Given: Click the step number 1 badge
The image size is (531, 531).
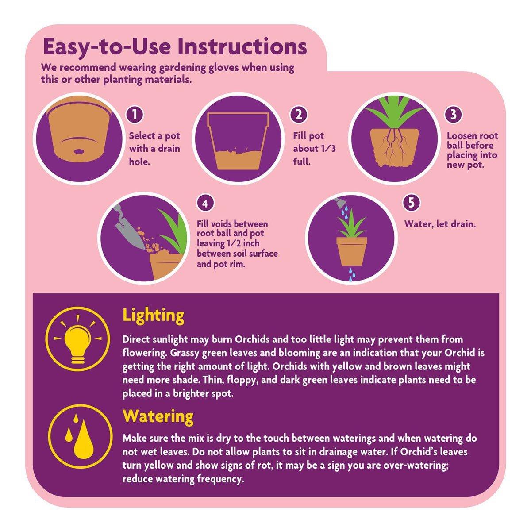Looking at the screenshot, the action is point(135,115).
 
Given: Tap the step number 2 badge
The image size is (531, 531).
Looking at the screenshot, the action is point(299,115).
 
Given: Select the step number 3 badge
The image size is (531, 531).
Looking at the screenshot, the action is point(453,115).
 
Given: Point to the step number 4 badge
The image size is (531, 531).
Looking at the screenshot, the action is point(205,204).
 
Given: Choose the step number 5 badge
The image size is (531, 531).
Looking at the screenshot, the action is point(411,203).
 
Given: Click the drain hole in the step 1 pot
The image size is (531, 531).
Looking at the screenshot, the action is point(79,152).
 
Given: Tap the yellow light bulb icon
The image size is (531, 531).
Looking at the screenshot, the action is point(78,343).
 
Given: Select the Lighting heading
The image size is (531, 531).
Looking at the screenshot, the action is point(153,316).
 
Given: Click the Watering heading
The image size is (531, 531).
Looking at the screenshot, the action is point(158,416).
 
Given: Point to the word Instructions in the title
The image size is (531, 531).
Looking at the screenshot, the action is point(242,47).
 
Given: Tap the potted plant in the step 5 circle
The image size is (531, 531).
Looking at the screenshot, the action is point(352,242).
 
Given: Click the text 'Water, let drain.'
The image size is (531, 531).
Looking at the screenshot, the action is point(440,224).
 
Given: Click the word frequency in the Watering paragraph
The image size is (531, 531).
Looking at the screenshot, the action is point(220,479).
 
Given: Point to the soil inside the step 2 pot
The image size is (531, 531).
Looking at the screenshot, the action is point(238,159).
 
